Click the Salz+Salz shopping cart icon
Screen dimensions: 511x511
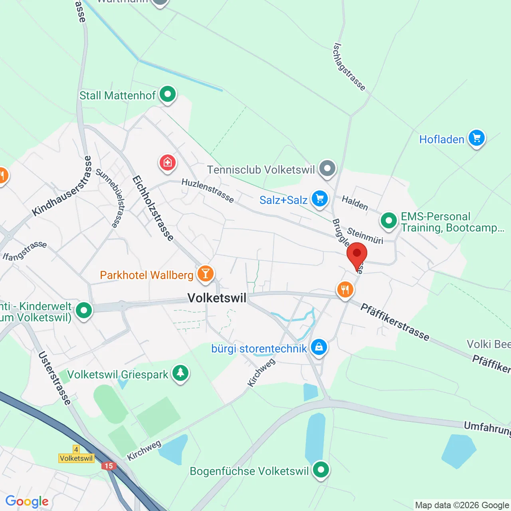(319, 199)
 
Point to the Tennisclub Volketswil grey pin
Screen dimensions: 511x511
(327, 169)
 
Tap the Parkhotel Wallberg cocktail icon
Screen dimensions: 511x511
(206, 274)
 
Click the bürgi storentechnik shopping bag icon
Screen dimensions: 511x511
(319, 348)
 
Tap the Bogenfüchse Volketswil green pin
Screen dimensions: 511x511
(321, 470)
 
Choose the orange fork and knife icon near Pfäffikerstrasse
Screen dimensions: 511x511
(345, 290)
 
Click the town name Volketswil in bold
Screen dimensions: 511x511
(217, 298)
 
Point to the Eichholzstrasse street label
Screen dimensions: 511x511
(153, 208)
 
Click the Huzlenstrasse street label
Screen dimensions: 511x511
(208, 190)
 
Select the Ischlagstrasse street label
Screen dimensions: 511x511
(349, 67)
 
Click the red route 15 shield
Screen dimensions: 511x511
(109, 466)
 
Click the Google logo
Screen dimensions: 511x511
(27, 501)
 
